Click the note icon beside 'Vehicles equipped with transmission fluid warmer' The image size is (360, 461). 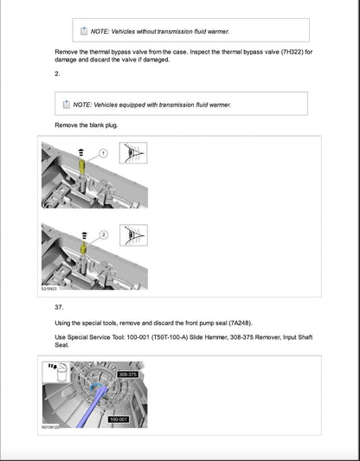[67, 106]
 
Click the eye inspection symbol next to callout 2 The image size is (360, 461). [127, 234]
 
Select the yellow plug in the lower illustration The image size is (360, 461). [82, 248]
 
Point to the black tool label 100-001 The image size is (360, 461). [119, 419]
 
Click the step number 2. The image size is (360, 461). [57, 75]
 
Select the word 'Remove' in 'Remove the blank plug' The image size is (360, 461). [67, 125]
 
